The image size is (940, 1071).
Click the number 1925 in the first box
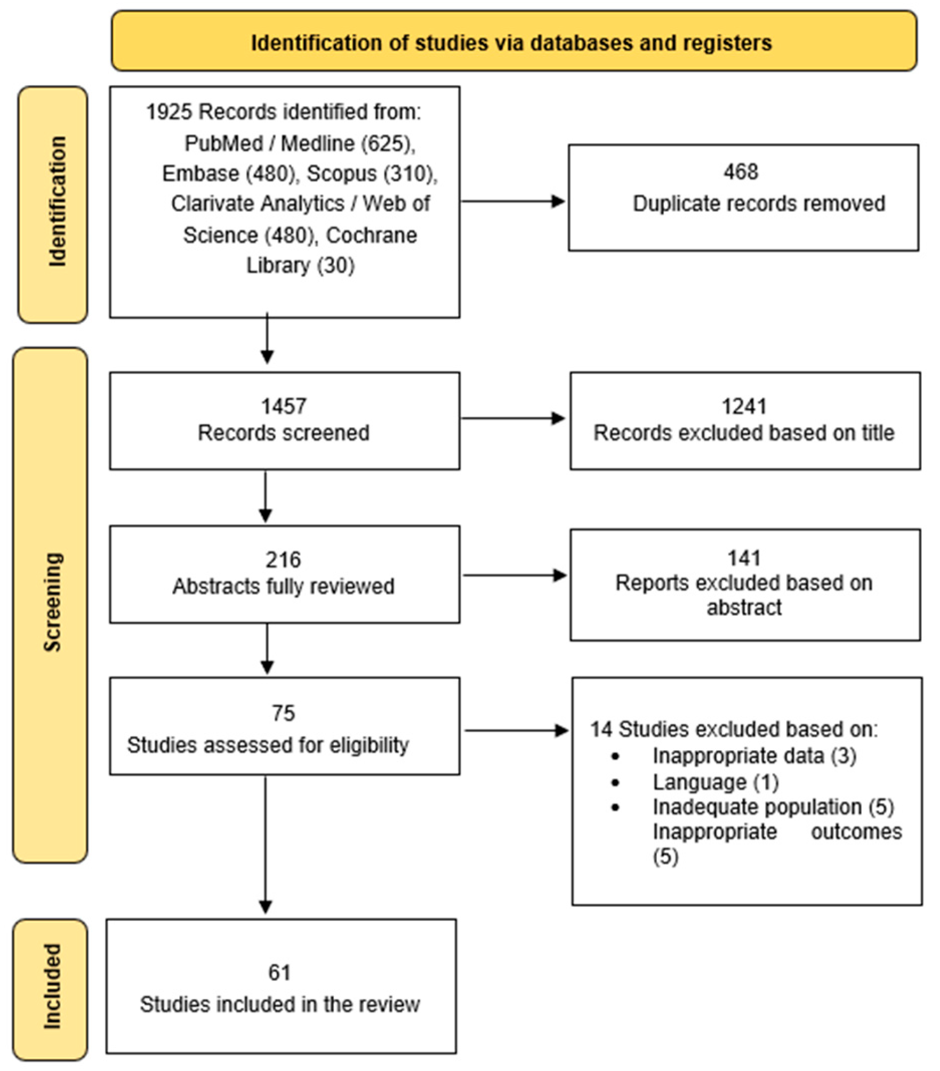click(x=169, y=112)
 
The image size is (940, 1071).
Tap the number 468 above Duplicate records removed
click(x=741, y=172)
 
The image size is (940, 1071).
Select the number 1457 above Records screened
click(x=284, y=407)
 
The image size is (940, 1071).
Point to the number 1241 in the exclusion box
click(x=744, y=407)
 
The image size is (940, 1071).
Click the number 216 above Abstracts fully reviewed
click(x=284, y=560)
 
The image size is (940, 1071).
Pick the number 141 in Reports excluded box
click(x=744, y=558)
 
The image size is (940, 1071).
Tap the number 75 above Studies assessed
click(x=283, y=713)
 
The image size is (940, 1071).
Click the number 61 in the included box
click(x=279, y=973)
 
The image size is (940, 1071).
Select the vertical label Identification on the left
click(x=57, y=201)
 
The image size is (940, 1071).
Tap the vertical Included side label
click(x=52, y=987)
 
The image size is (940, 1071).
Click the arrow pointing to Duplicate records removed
click(x=513, y=201)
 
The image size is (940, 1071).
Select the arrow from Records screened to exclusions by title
click(x=513, y=418)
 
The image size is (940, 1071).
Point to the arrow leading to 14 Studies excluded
click(x=517, y=731)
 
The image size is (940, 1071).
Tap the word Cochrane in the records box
click(x=372, y=235)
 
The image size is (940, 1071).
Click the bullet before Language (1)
click(x=616, y=783)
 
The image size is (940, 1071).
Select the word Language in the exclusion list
click(x=700, y=783)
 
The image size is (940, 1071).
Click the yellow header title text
click(x=511, y=43)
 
